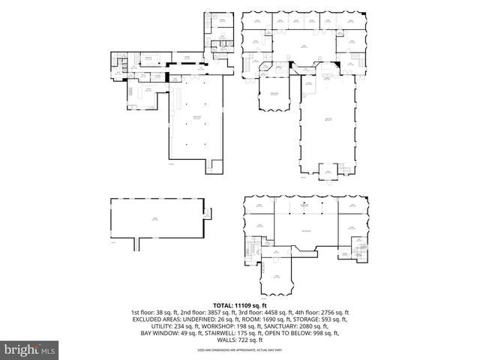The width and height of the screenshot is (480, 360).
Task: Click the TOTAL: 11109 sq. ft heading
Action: point(240,306)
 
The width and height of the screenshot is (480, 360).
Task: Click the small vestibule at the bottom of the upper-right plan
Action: point(328,172)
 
